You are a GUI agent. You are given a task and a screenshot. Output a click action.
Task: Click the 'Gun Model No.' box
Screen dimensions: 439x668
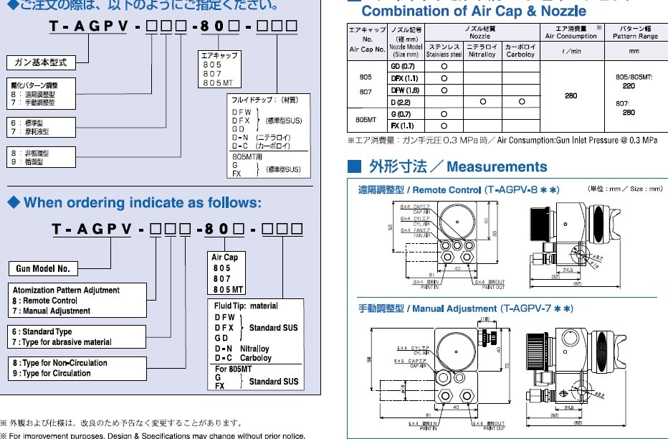[44, 269]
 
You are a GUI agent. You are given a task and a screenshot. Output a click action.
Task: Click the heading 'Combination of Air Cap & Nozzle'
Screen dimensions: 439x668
[474, 11]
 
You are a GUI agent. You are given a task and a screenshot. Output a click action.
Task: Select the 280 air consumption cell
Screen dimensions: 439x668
[571, 95]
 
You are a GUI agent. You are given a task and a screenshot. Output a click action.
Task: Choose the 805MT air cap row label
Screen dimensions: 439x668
[366, 120]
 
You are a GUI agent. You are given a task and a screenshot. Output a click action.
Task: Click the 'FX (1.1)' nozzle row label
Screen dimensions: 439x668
[403, 126]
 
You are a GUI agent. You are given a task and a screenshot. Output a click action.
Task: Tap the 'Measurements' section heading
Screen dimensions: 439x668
[496, 167]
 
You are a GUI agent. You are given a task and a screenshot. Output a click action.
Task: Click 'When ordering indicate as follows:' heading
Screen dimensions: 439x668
[143, 203]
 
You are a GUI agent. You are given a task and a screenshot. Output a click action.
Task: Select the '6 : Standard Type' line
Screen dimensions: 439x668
[42, 332]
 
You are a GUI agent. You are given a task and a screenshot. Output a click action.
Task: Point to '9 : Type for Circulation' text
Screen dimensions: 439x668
[52, 373]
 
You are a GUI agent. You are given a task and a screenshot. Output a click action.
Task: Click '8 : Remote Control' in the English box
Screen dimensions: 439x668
[44, 301]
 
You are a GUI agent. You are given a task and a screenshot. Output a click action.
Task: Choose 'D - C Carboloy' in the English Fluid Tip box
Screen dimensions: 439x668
[243, 358]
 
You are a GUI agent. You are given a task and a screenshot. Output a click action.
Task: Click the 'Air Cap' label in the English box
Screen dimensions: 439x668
[224, 258]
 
